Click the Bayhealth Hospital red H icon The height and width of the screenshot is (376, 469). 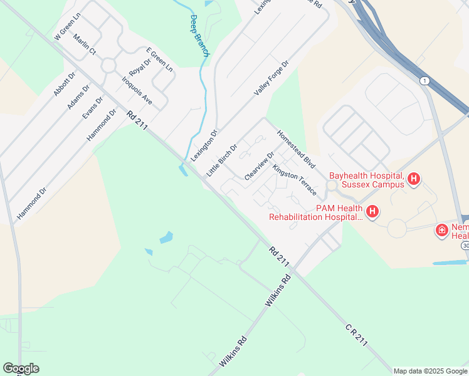(414, 179)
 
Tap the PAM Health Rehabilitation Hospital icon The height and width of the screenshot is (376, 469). (372, 212)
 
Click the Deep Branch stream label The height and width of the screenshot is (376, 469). (199, 36)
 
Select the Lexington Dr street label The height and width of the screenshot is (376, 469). (204, 145)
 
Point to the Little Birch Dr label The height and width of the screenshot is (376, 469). (222, 160)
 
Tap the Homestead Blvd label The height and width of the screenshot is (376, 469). (295, 148)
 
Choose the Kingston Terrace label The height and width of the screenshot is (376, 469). (295, 180)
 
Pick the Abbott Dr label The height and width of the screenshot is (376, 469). (64, 83)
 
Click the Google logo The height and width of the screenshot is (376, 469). (21, 368)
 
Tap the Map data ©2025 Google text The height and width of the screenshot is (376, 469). (430, 371)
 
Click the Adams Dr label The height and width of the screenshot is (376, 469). (79, 96)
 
